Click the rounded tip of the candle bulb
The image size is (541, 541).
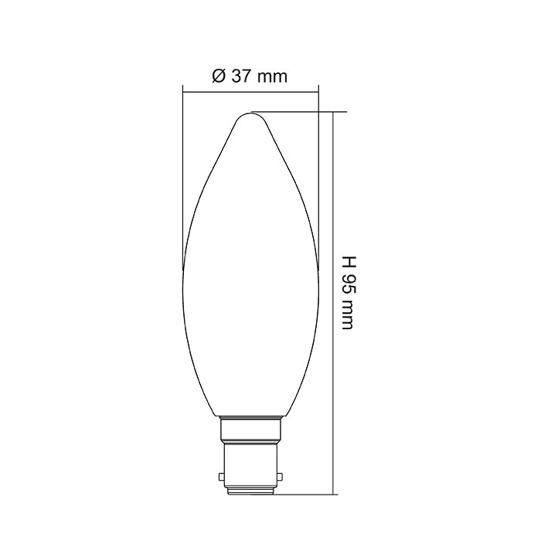tap(250, 115)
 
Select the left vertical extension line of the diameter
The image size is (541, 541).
tap(182, 170)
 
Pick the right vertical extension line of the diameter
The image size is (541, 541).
tap(318, 170)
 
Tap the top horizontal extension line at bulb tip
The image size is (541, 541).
tap(301, 112)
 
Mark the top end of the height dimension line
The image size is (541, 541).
tap(334, 113)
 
